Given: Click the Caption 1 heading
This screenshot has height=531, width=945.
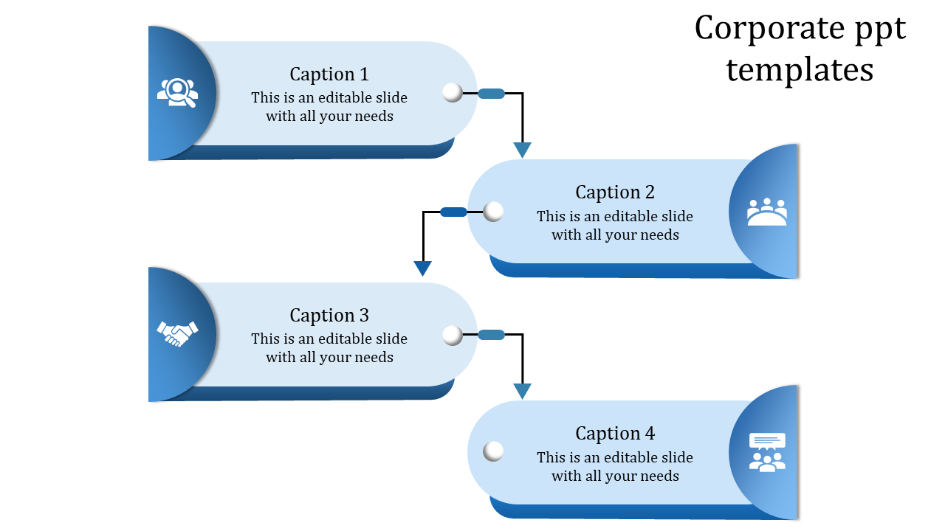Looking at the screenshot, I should pos(329,74).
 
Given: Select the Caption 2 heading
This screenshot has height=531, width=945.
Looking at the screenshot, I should pos(615,192).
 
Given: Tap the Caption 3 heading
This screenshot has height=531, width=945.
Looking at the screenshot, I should pos(329,316).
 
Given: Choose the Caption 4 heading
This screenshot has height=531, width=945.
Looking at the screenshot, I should pos(615,434).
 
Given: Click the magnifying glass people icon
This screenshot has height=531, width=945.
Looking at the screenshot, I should pos(178,93).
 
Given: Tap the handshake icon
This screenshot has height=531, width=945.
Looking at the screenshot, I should pos(178,333).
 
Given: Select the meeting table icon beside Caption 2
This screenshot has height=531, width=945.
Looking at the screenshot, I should pos(767,212).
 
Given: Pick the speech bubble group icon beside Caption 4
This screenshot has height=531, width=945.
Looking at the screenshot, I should pos(767,452).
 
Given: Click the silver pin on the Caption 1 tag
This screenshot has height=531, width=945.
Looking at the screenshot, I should pos(453,92).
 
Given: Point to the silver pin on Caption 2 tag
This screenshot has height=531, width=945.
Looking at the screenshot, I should pos(493,212).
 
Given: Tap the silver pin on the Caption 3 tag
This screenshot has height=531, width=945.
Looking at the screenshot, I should pos(453,336).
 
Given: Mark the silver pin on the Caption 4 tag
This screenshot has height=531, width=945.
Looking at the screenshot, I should pos(493,451).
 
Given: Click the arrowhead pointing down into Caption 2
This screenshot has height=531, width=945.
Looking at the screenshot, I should pos(523,150).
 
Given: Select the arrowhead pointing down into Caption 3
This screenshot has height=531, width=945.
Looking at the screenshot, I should pos(423,268).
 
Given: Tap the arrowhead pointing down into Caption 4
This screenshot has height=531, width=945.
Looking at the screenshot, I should pos(523,391).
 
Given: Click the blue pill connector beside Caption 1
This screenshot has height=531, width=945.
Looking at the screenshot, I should pos(491,94).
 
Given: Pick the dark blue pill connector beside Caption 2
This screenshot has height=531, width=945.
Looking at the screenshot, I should pos(453,212).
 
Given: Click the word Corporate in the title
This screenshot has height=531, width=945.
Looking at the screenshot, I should pos(759,29).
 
